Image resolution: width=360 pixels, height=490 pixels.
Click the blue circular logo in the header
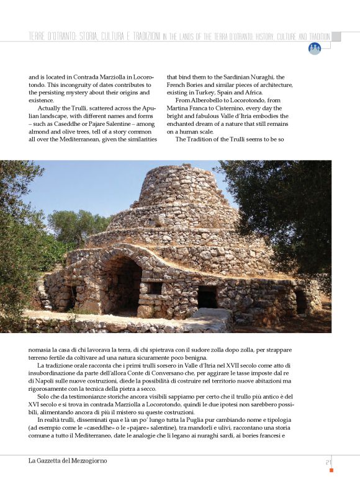point(315,48)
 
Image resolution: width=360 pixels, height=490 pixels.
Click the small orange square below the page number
point(331,470)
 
